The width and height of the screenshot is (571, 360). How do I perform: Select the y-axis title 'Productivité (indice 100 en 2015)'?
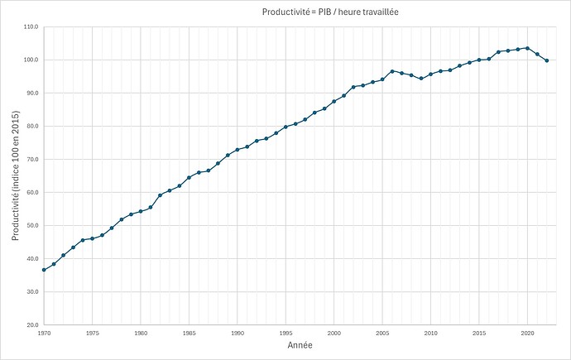[16, 175]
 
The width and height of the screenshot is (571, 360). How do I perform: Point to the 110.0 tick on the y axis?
[31, 26]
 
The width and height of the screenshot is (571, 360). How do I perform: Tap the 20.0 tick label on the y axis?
[31, 324]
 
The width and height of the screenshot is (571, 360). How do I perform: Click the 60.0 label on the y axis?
[31, 192]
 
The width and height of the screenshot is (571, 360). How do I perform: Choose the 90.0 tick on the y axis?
[31, 93]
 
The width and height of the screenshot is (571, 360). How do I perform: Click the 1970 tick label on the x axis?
[43, 333]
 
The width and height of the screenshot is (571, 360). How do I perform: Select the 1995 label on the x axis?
[285, 333]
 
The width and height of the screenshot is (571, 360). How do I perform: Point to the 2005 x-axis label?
[382, 333]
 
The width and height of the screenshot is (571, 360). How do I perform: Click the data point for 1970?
[44, 270]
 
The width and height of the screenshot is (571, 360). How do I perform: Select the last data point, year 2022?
[547, 60]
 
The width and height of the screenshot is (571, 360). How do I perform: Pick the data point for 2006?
[392, 71]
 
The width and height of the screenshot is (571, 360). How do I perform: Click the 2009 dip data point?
[421, 79]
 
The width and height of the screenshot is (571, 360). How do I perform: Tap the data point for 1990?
[238, 150]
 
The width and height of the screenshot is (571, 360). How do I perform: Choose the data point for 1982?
[160, 195]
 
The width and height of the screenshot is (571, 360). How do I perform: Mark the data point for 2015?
[479, 60]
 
